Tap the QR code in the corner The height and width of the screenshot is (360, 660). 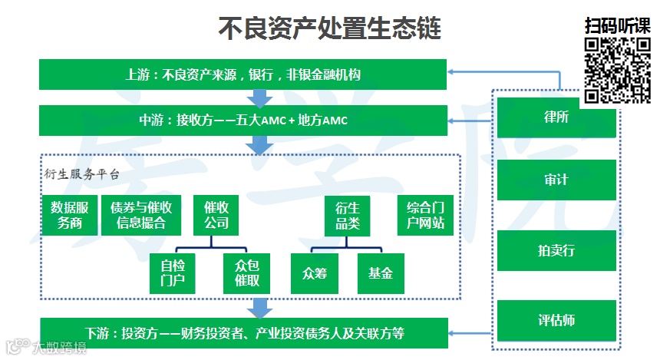[618, 70]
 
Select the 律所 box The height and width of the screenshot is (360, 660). [556, 117]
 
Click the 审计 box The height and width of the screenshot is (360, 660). [556, 180]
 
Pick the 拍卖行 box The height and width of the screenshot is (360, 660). [556, 250]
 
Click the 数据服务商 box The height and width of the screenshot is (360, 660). [70, 215]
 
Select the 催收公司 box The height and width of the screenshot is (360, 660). [216, 215]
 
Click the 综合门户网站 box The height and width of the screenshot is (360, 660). [425, 215]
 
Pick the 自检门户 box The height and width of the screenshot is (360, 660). [172, 273]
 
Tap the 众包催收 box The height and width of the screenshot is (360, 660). [246, 273]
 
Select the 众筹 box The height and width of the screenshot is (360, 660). [315, 273]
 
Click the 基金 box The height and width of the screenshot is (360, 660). [381, 273]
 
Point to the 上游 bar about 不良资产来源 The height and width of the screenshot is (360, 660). [243, 74]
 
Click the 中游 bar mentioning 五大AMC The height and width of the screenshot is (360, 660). [243, 121]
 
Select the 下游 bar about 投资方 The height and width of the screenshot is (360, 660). [243, 333]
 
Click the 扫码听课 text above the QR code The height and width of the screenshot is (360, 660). [617, 25]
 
